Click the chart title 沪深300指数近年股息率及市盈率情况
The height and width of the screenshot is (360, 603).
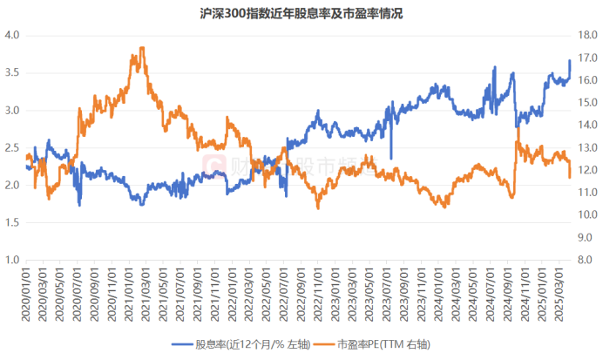coord(301,13)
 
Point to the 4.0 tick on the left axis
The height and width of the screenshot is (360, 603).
coord(12,36)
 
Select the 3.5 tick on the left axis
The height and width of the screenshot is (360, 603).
coord(12,73)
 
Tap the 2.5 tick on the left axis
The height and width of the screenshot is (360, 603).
coord(12,148)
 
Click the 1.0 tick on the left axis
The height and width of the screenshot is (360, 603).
coord(12,260)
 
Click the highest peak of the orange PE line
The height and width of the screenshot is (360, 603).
coord(141,48)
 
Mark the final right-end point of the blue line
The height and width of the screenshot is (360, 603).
coord(570,60)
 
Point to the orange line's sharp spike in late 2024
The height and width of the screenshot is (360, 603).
coord(518,127)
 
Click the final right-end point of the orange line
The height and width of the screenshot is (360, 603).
coord(570,177)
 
